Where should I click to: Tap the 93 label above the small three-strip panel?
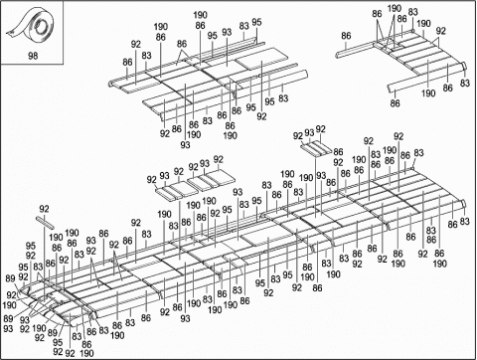(309, 131)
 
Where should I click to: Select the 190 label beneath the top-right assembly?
(429, 92)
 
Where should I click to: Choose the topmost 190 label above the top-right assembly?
(395, 8)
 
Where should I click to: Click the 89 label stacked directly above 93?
(10, 317)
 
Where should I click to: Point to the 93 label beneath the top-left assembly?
(186, 144)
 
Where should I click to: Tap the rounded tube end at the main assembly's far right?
(461, 206)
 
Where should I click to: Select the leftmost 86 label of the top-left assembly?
(127, 62)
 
